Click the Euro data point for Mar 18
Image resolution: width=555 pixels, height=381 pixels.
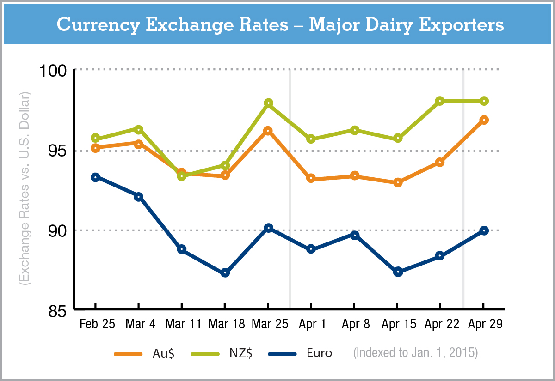coord(225,273)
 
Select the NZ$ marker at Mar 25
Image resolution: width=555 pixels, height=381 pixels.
coord(268,103)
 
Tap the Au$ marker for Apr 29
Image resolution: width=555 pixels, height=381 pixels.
coord(484,120)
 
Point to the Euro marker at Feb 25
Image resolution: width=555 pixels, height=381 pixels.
coord(95,177)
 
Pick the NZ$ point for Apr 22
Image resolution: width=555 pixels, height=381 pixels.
coord(440,101)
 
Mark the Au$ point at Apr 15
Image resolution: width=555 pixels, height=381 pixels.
coord(398,182)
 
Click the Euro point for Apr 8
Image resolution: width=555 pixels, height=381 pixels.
coord(355,235)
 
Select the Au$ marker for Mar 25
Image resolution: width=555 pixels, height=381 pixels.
coord(268,131)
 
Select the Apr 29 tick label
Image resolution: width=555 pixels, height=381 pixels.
coord(484,324)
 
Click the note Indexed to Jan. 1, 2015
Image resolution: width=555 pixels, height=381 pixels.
coord(415,353)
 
